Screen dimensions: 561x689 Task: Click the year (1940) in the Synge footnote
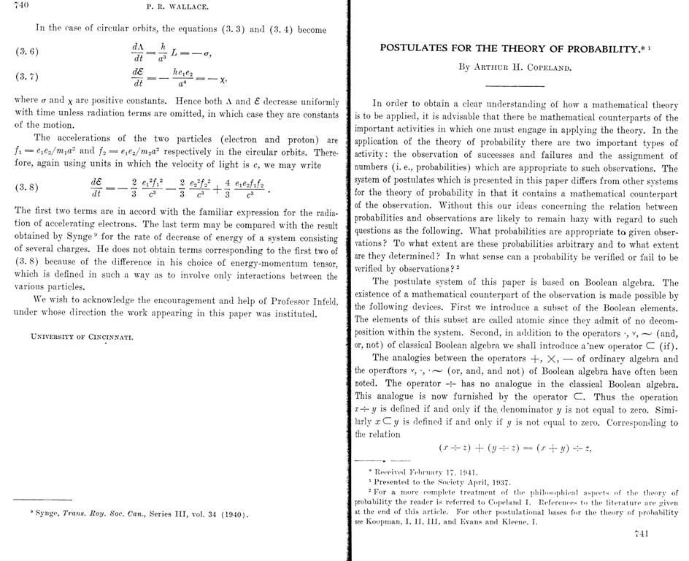click(234, 514)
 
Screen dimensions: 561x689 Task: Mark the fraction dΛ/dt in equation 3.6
click(137, 52)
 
